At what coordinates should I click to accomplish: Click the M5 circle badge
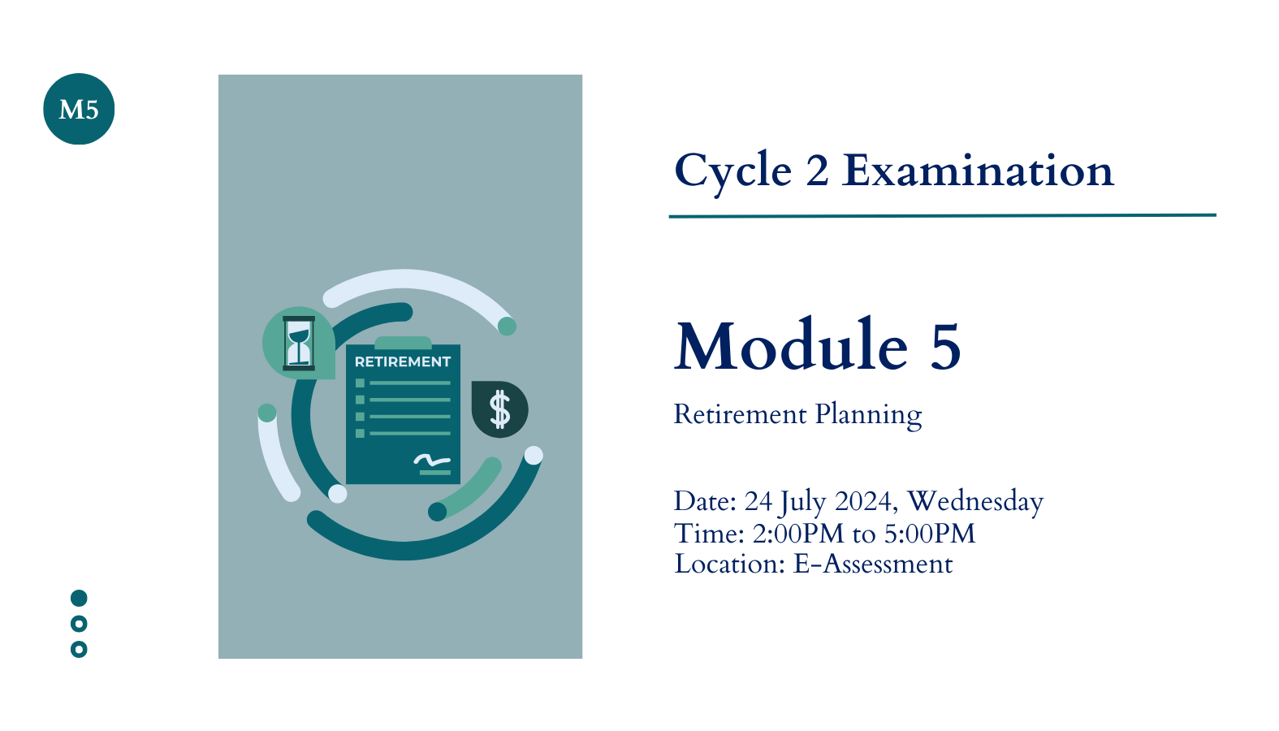(x=79, y=109)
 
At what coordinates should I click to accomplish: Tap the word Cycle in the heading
(x=733, y=172)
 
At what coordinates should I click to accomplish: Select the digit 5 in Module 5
(x=945, y=345)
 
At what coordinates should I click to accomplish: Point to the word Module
(x=792, y=344)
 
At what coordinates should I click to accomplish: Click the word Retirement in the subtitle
(x=740, y=414)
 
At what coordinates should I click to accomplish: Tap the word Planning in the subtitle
(x=868, y=415)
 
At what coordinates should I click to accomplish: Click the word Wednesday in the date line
(x=975, y=503)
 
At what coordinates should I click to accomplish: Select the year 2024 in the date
(x=862, y=501)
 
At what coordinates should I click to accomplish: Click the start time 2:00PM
(x=798, y=534)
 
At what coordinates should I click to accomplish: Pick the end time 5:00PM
(x=930, y=534)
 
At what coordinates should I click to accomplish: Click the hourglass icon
(x=299, y=344)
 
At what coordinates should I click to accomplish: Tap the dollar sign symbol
(x=500, y=409)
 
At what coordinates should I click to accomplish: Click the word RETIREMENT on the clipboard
(x=403, y=362)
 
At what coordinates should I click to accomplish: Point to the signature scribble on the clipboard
(x=432, y=460)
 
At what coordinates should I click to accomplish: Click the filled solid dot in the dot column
(x=79, y=598)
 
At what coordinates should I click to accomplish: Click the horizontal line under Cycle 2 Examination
(x=942, y=216)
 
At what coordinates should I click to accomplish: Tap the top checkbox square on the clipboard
(x=360, y=383)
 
